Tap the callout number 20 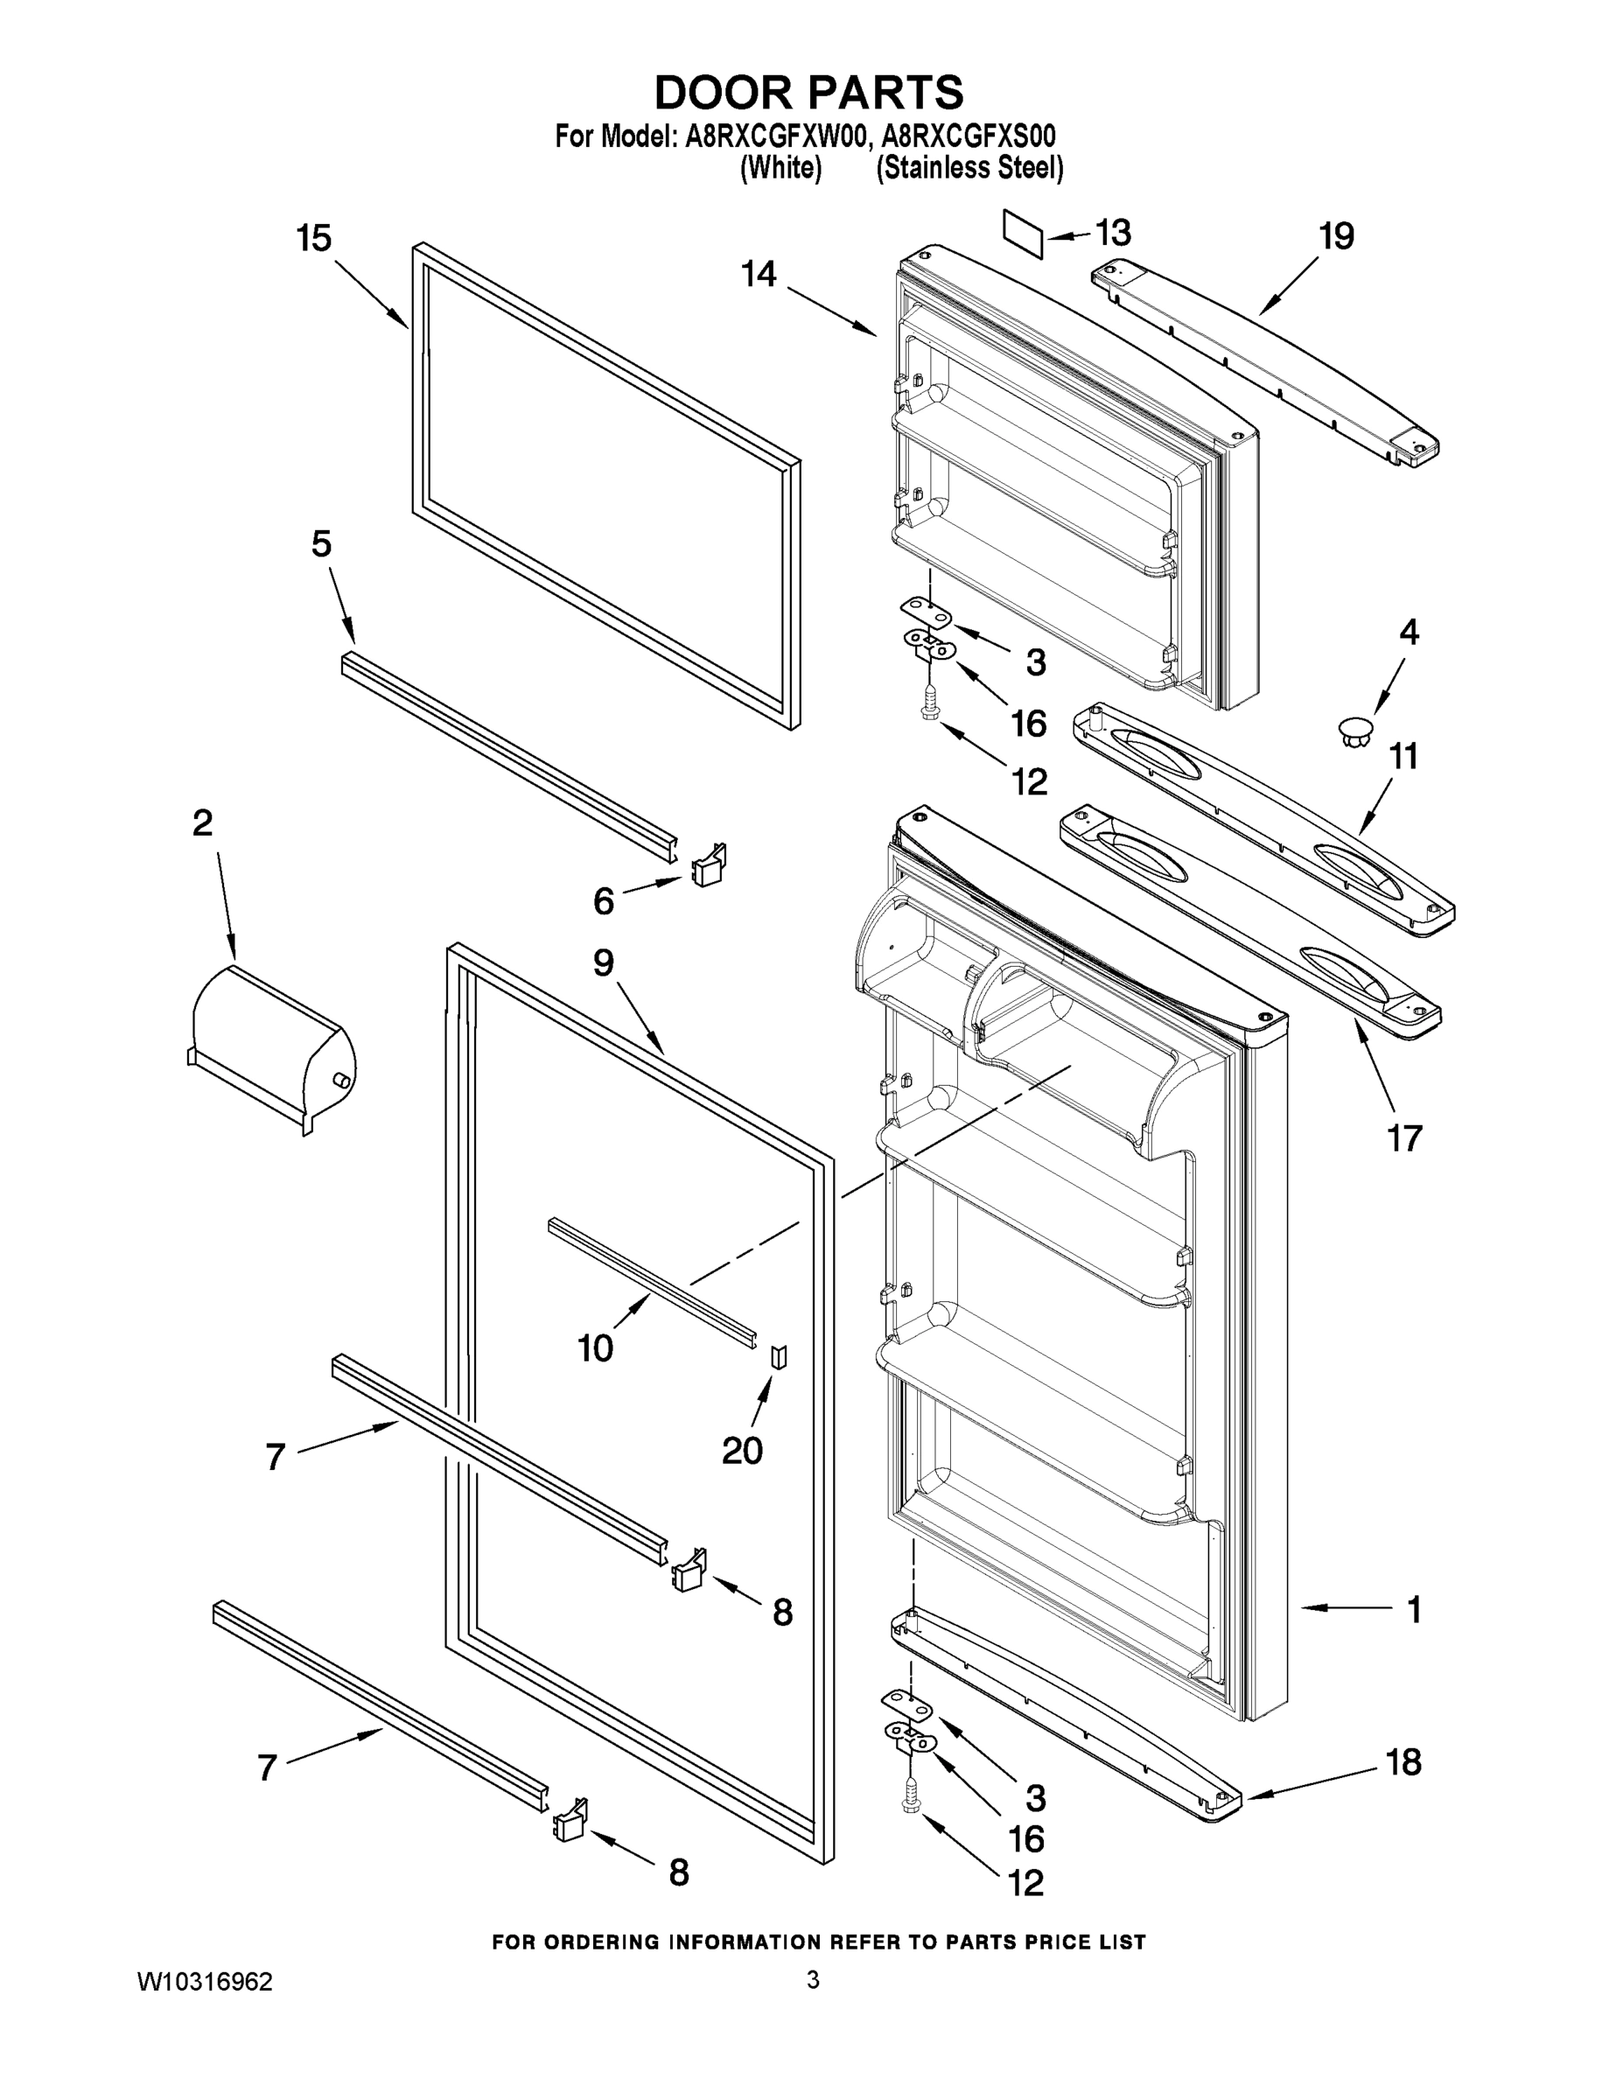[741, 1450]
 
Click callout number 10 [595, 1347]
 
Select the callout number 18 [1403, 1761]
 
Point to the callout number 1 [1413, 1610]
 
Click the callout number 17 [1403, 1138]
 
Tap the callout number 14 [759, 274]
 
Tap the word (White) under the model [780, 168]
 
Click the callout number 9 [603, 962]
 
